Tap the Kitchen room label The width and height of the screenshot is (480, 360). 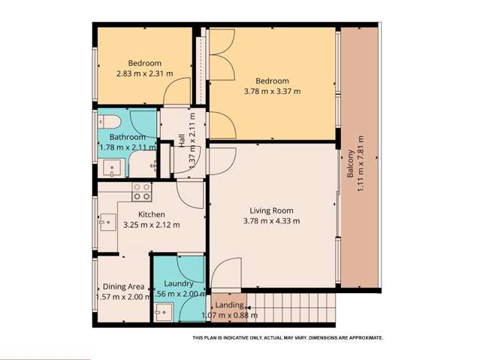click(151, 213)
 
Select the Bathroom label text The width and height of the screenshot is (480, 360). click(127, 138)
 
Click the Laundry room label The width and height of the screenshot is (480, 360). click(179, 283)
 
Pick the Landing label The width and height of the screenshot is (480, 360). click(229, 305)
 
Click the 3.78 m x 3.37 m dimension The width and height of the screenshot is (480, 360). click(272, 92)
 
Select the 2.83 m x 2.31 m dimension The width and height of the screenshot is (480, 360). click(144, 74)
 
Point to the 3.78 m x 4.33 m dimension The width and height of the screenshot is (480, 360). click(271, 221)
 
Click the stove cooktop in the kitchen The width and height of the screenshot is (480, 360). click(141, 192)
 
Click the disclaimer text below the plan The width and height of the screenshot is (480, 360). click(288, 338)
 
